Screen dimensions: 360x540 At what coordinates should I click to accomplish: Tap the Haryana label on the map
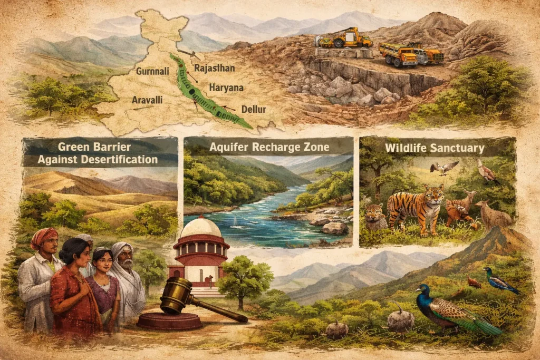point(226,87)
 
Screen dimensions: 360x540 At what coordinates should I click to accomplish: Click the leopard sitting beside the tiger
point(377,216)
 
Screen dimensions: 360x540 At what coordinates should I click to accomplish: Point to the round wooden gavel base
point(170,320)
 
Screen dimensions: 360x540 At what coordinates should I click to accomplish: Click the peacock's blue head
point(422,290)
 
